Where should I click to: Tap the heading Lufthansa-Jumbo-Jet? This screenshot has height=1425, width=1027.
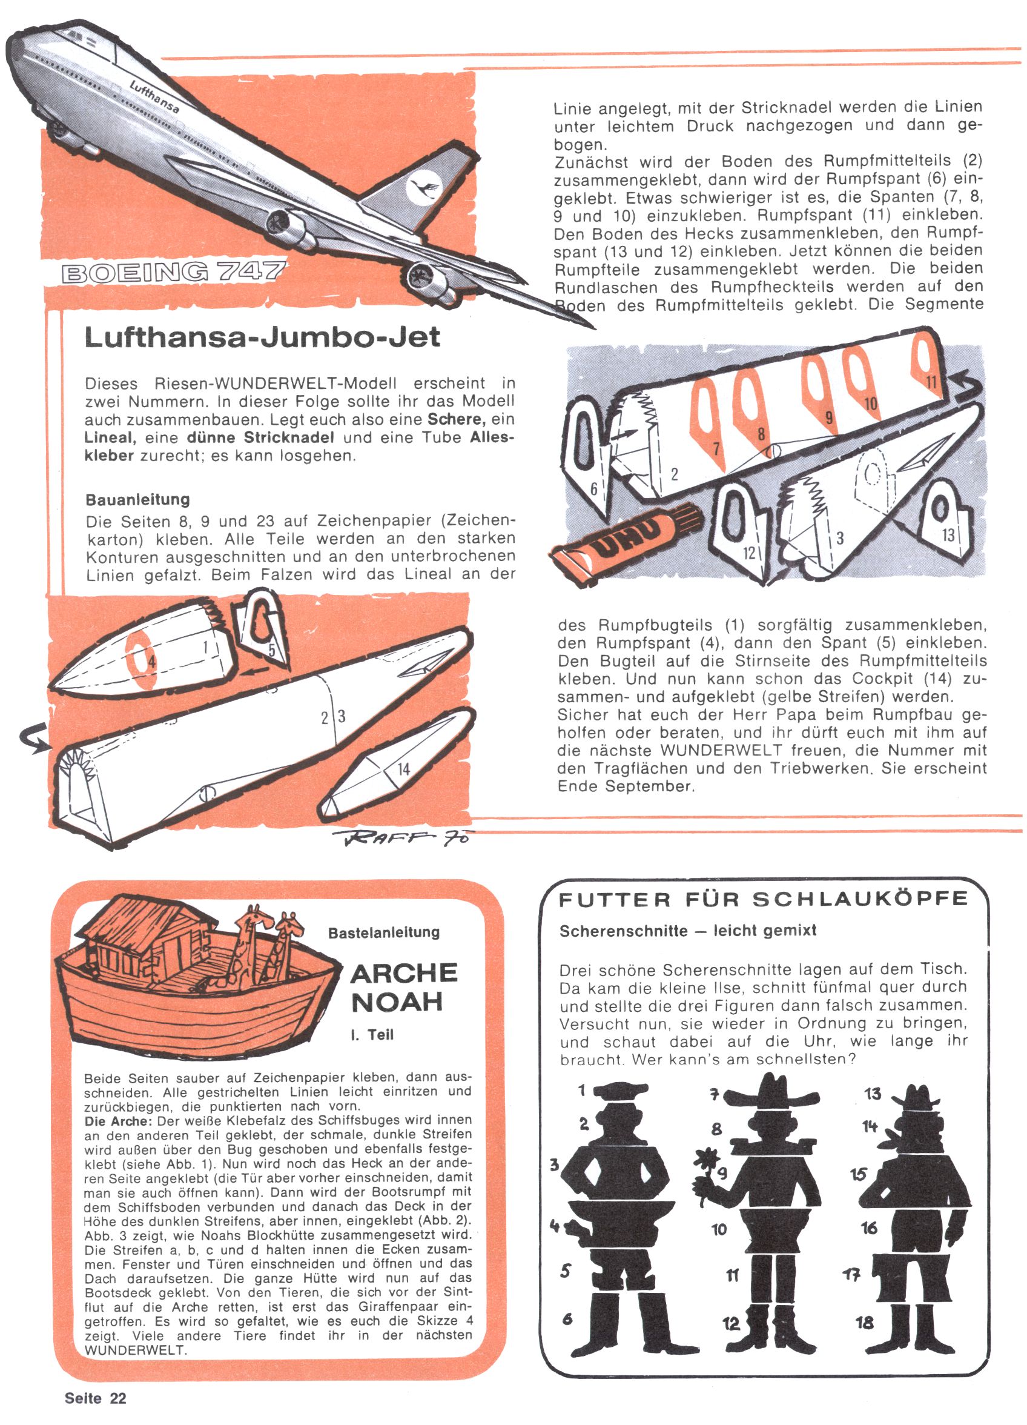coord(263,337)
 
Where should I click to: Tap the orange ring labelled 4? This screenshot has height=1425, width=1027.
coord(144,660)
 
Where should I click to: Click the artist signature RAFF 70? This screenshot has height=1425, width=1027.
coord(403,837)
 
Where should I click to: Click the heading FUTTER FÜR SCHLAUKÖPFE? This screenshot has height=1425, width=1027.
coord(763,899)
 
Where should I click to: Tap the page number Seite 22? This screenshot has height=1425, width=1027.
coord(96,1398)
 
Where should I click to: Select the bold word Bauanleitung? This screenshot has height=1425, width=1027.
coord(137,499)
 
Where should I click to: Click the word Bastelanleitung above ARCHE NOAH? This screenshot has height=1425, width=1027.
coord(384,932)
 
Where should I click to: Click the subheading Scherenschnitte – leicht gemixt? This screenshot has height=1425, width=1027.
coord(688,931)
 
